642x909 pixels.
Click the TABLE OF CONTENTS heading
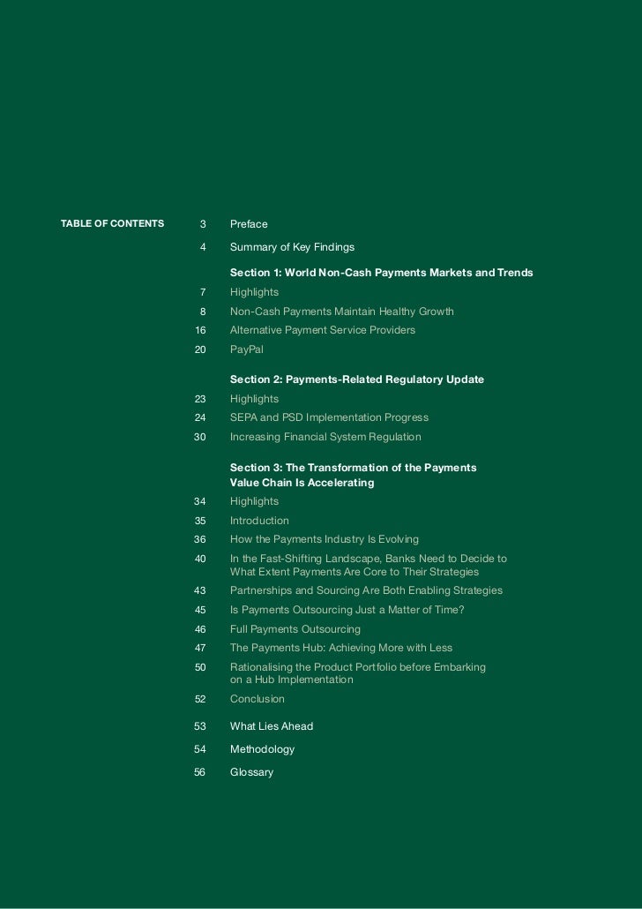tap(112, 223)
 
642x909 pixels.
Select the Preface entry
tap(249, 224)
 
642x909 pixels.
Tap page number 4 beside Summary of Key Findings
tap(203, 247)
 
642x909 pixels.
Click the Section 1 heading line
tap(381, 273)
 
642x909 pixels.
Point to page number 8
tap(203, 312)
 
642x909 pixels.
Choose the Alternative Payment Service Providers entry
tap(322, 330)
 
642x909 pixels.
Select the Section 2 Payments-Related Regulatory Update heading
tap(356, 379)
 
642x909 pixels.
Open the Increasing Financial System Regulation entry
tap(325, 437)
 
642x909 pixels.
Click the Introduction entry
tap(259, 521)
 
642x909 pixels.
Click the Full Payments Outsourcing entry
tap(295, 629)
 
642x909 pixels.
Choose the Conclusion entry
tap(257, 699)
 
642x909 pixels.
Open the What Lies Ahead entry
tap(271, 726)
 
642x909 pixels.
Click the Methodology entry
tap(262, 749)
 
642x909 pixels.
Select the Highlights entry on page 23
tap(254, 399)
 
